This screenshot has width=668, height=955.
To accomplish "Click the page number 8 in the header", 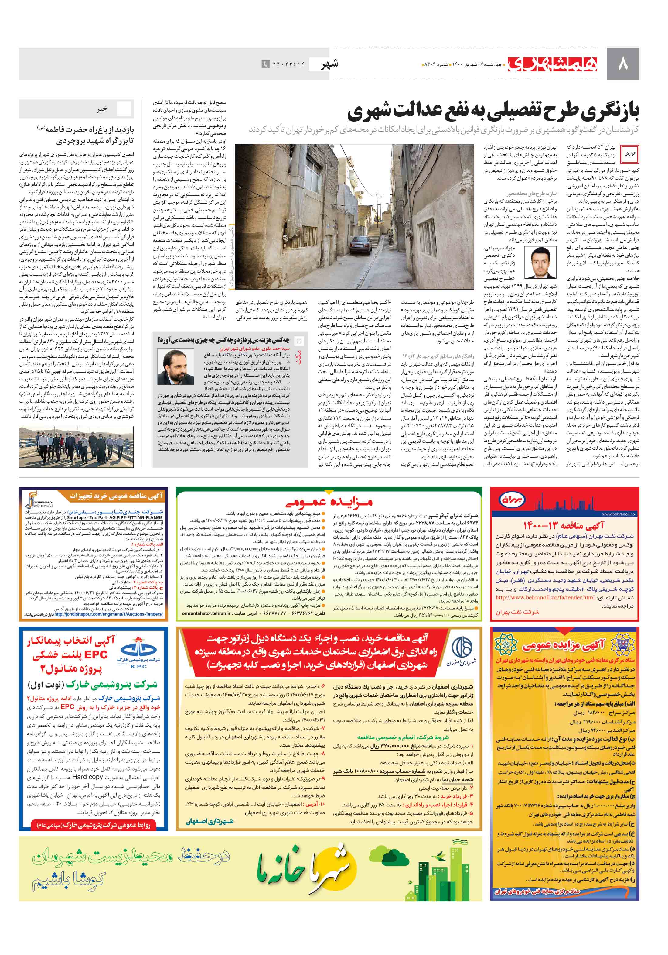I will click(622, 64).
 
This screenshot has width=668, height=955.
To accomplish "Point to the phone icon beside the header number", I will click(265, 64).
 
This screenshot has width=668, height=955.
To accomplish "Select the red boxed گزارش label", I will click(629, 153).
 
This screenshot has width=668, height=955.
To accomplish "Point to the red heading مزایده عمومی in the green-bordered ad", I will click(329, 501).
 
